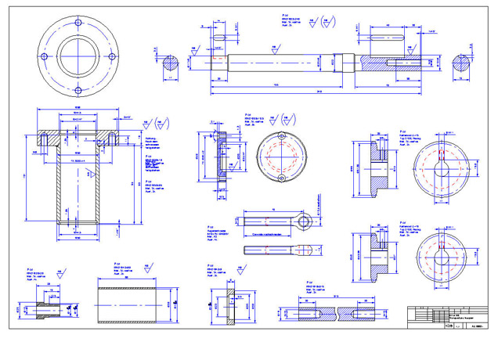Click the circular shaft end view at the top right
click(x=464, y=66)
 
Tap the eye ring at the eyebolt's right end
click(x=305, y=222)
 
